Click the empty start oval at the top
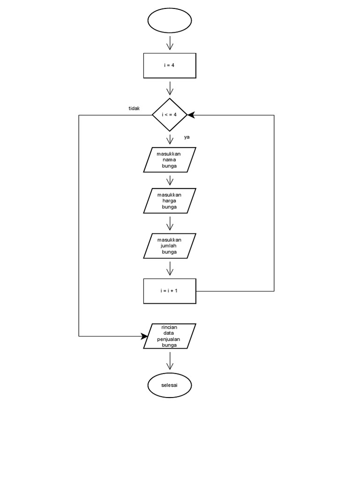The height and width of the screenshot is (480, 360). [x=170, y=21]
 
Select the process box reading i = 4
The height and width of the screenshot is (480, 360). [x=169, y=65]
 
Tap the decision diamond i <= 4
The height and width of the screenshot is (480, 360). [x=169, y=115]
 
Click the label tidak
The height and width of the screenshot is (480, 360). [x=134, y=109]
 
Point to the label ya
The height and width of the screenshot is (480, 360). [x=187, y=137]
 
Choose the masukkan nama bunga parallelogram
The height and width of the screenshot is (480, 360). [x=169, y=160]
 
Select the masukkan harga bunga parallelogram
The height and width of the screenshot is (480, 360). [x=169, y=201]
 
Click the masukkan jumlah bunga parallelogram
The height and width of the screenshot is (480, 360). [x=169, y=246]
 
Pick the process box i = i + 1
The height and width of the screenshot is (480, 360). [x=169, y=291]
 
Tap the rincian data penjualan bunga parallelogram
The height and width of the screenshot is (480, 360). [x=169, y=336]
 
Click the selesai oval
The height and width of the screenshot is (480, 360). [x=169, y=385]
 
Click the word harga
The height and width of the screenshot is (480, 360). [x=169, y=201]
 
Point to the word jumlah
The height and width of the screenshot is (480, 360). [x=169, y=246]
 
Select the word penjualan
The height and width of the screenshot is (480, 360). [x=169, y=339]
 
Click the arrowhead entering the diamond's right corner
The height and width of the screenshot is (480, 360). [x=191, y=115]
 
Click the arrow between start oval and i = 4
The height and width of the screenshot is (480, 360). [x=170, y=43]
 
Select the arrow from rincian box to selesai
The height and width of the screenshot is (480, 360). [x=170, y=361]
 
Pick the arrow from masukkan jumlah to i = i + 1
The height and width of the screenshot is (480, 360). [x=170, y=269]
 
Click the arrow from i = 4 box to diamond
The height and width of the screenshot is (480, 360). [x=170, y=88]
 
